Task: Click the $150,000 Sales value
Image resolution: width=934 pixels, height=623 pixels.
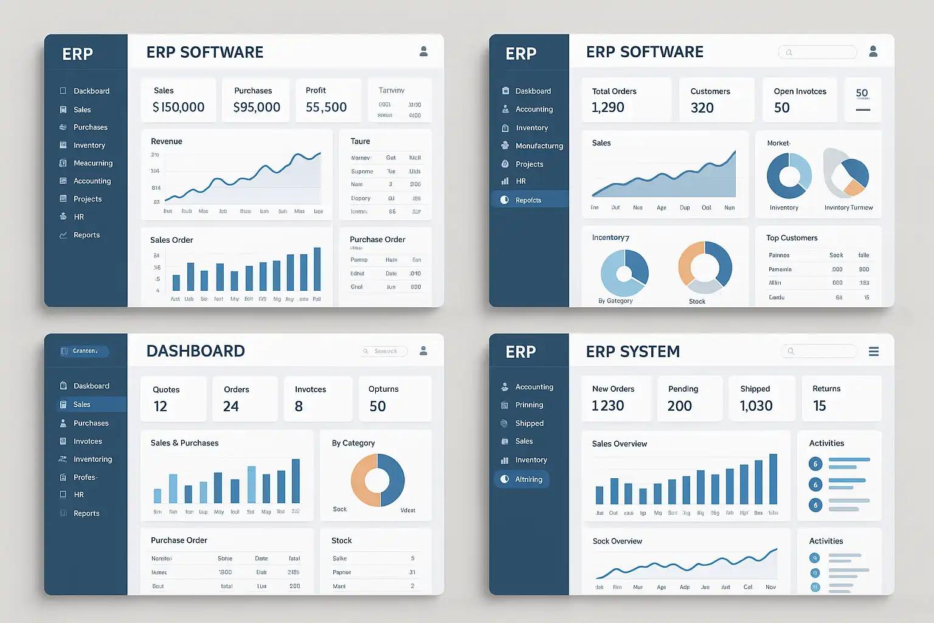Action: click(178, 108)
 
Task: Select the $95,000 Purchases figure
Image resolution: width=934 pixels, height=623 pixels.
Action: click(257, 108)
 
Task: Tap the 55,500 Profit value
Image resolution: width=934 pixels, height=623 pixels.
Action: click(326, 108)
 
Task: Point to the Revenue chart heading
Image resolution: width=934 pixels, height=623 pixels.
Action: click(167, 141)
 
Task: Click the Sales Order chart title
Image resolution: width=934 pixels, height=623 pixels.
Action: click(171, 240)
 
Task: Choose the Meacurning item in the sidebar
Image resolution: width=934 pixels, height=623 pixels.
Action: click(93, 163)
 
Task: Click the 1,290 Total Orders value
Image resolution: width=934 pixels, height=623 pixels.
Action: click(608, 108)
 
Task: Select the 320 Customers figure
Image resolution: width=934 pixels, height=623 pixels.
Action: click(702, 108)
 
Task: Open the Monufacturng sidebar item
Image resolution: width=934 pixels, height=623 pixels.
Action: click(539, 146)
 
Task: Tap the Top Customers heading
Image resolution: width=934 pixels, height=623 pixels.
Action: click(792, 238)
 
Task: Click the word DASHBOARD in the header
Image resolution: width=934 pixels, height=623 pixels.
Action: click(196, 351)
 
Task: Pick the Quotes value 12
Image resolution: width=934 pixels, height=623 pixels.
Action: click(161, 406)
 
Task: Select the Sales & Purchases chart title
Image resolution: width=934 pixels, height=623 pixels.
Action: click(185, 443)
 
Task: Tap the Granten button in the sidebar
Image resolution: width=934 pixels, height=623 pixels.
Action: click(85, 351)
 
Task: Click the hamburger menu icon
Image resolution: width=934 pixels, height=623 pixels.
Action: click(874, 352)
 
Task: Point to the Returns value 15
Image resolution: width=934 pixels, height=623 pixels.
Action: click(820, 406)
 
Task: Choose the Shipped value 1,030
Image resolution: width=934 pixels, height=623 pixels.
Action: click(756, 406)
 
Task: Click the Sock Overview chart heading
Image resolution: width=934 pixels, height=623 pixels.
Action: click(617, 541)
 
